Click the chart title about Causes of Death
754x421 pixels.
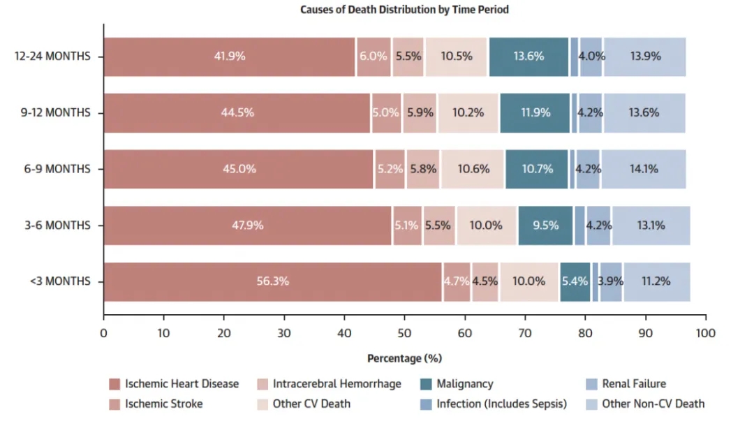(404, 10)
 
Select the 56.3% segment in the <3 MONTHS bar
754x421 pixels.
(273, 281)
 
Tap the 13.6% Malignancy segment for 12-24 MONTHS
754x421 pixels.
(528, 57)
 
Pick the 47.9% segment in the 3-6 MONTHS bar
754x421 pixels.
(248, 226)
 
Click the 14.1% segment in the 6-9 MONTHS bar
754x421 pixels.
(642, 169)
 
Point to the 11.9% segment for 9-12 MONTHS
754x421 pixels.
(535, 112)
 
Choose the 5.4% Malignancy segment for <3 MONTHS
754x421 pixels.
(575, 281)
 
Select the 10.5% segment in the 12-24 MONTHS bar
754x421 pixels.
(457, 57)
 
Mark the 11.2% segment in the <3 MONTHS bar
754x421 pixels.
(656, 281)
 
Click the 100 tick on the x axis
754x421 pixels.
(705, 334)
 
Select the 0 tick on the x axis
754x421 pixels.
(104, 334)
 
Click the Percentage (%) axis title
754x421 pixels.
(404, 358)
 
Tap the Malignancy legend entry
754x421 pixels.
(464, 384)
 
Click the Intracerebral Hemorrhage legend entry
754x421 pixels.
(337, 384)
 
